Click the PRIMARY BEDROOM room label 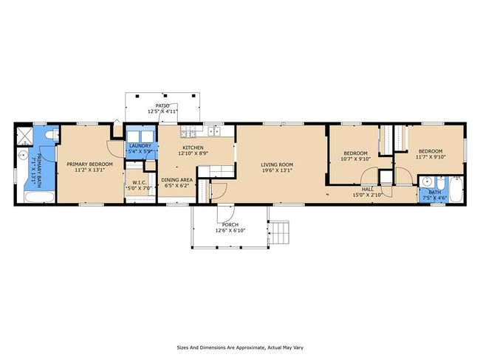89,165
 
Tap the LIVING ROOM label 277,165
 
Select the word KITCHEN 193,148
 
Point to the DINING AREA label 177,180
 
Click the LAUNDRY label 140,146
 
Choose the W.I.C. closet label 140,183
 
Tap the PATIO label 162,105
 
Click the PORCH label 230,225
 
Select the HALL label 367,190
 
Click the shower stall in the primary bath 24,136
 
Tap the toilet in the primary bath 51,134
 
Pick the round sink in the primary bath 22,156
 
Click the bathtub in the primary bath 39,197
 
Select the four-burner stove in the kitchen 188,131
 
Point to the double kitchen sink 215,131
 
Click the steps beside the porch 279,232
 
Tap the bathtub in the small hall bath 456,189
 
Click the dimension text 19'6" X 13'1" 277,170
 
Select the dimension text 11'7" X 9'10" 431,157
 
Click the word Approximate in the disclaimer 250,347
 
